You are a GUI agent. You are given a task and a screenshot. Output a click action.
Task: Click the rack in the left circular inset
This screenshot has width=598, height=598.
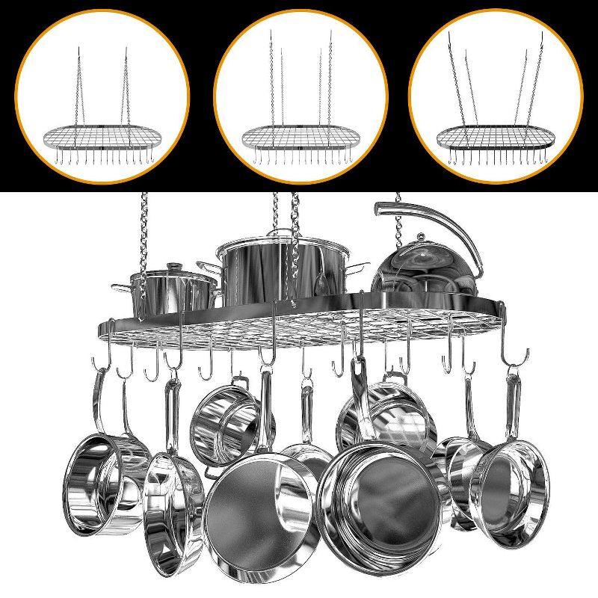point(102,137)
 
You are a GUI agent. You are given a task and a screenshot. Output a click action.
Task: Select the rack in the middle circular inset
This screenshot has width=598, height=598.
point(300,137)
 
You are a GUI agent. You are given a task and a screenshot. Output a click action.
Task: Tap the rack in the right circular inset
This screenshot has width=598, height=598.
point(496,137)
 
